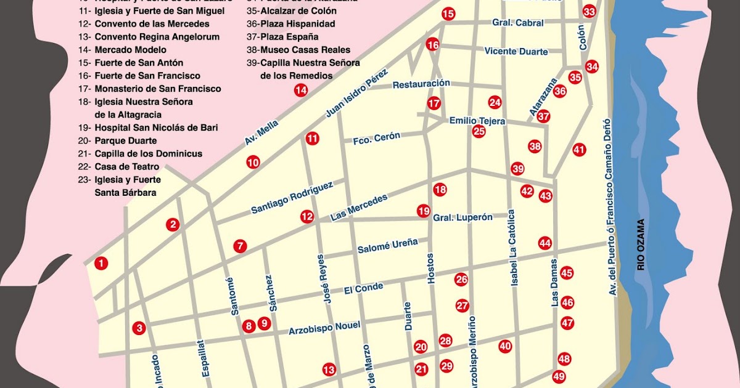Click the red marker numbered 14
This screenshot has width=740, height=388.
(x=300, y=90)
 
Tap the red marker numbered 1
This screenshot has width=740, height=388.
(x=101, y=264)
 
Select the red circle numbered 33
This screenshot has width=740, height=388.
(x=590, y=12)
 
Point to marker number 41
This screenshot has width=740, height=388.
(x=578, y=149)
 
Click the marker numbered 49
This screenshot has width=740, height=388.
(x=559, y=376)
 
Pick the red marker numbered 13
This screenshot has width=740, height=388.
(x=329, y=370)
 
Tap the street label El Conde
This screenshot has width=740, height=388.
(x=363, y=288)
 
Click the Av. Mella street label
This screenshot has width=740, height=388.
(x=258, y=134)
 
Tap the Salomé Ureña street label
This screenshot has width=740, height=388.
(x=387, y=246)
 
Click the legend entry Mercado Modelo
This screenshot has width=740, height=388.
(x=130, y=50)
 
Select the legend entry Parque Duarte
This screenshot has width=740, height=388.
(x=125, y=141)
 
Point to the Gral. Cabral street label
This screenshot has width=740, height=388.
(x=517, y=23)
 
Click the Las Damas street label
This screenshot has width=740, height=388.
(x=554, y=283)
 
